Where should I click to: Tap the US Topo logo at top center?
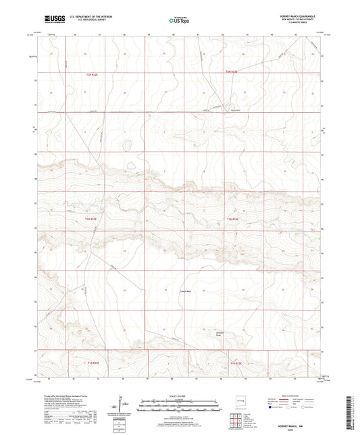coord(180,20)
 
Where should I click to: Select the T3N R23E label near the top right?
coord(232,72)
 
